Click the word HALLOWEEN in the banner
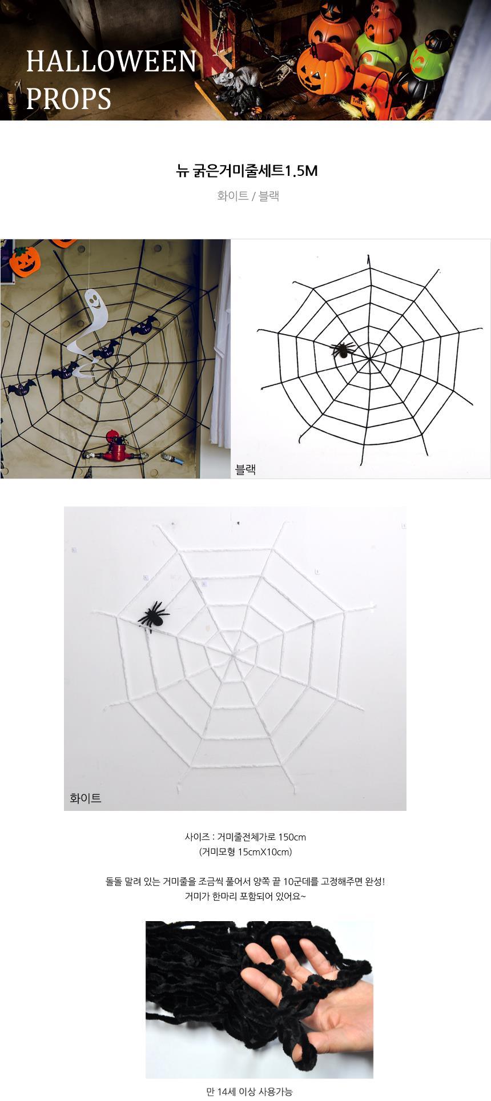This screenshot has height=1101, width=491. tap(111, 62)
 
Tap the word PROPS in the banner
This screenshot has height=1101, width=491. tap(69, 98)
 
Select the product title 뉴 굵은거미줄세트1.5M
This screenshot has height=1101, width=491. tap(247, 171)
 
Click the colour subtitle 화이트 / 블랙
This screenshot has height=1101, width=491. tap(248, 196)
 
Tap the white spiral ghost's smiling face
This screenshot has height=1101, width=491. tap(95, 300)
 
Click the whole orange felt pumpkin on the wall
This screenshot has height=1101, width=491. tap(25, 260)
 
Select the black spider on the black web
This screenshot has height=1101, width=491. tap(342, 349)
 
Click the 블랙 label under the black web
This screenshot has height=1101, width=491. tap(246, 469)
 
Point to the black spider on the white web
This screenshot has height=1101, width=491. tap(153, 616)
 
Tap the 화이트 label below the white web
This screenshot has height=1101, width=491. tap(86, 798)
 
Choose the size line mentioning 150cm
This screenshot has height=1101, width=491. tap(246, 837)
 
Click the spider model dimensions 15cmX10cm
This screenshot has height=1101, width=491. tap(246, 852)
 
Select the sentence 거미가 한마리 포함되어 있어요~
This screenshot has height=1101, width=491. tap(246, 897)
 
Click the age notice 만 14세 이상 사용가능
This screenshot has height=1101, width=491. tap(249, 1092)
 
